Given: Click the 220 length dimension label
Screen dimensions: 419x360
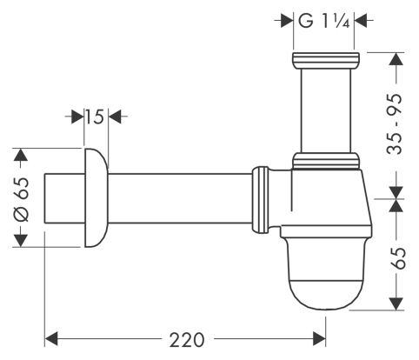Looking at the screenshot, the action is (187, 340).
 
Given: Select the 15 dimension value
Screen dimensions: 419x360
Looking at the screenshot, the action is (95, 117).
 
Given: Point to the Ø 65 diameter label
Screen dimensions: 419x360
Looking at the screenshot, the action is (22, 199).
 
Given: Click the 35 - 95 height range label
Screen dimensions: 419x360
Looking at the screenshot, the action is (395, 123).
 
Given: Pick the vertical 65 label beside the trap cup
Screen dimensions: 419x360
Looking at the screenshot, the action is (398, 258).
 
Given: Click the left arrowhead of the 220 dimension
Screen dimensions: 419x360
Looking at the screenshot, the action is (52, 339).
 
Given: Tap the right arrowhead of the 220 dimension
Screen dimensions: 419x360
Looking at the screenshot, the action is (319, 339).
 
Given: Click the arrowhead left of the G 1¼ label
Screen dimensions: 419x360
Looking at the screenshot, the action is (287, 21).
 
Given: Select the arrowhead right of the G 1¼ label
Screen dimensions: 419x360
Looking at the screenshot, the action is (361, 21).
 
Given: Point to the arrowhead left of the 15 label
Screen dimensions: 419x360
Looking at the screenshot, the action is (77, 117).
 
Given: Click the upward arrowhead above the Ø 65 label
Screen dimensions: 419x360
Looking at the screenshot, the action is (21, 155).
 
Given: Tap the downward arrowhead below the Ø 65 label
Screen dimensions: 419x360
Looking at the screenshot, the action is (21, 241).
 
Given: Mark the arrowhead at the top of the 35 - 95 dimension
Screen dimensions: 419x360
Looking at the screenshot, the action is (396, 59).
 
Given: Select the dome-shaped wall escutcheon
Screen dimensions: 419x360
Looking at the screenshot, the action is (96, 198).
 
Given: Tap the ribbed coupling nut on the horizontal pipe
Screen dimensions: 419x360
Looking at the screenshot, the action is (260, 199).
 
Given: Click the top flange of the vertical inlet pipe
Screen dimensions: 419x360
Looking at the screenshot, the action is (326, 61).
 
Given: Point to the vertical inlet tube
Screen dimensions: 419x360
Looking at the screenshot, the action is (326, 111).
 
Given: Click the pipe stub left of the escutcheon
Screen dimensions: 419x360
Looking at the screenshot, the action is (64, 198).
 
